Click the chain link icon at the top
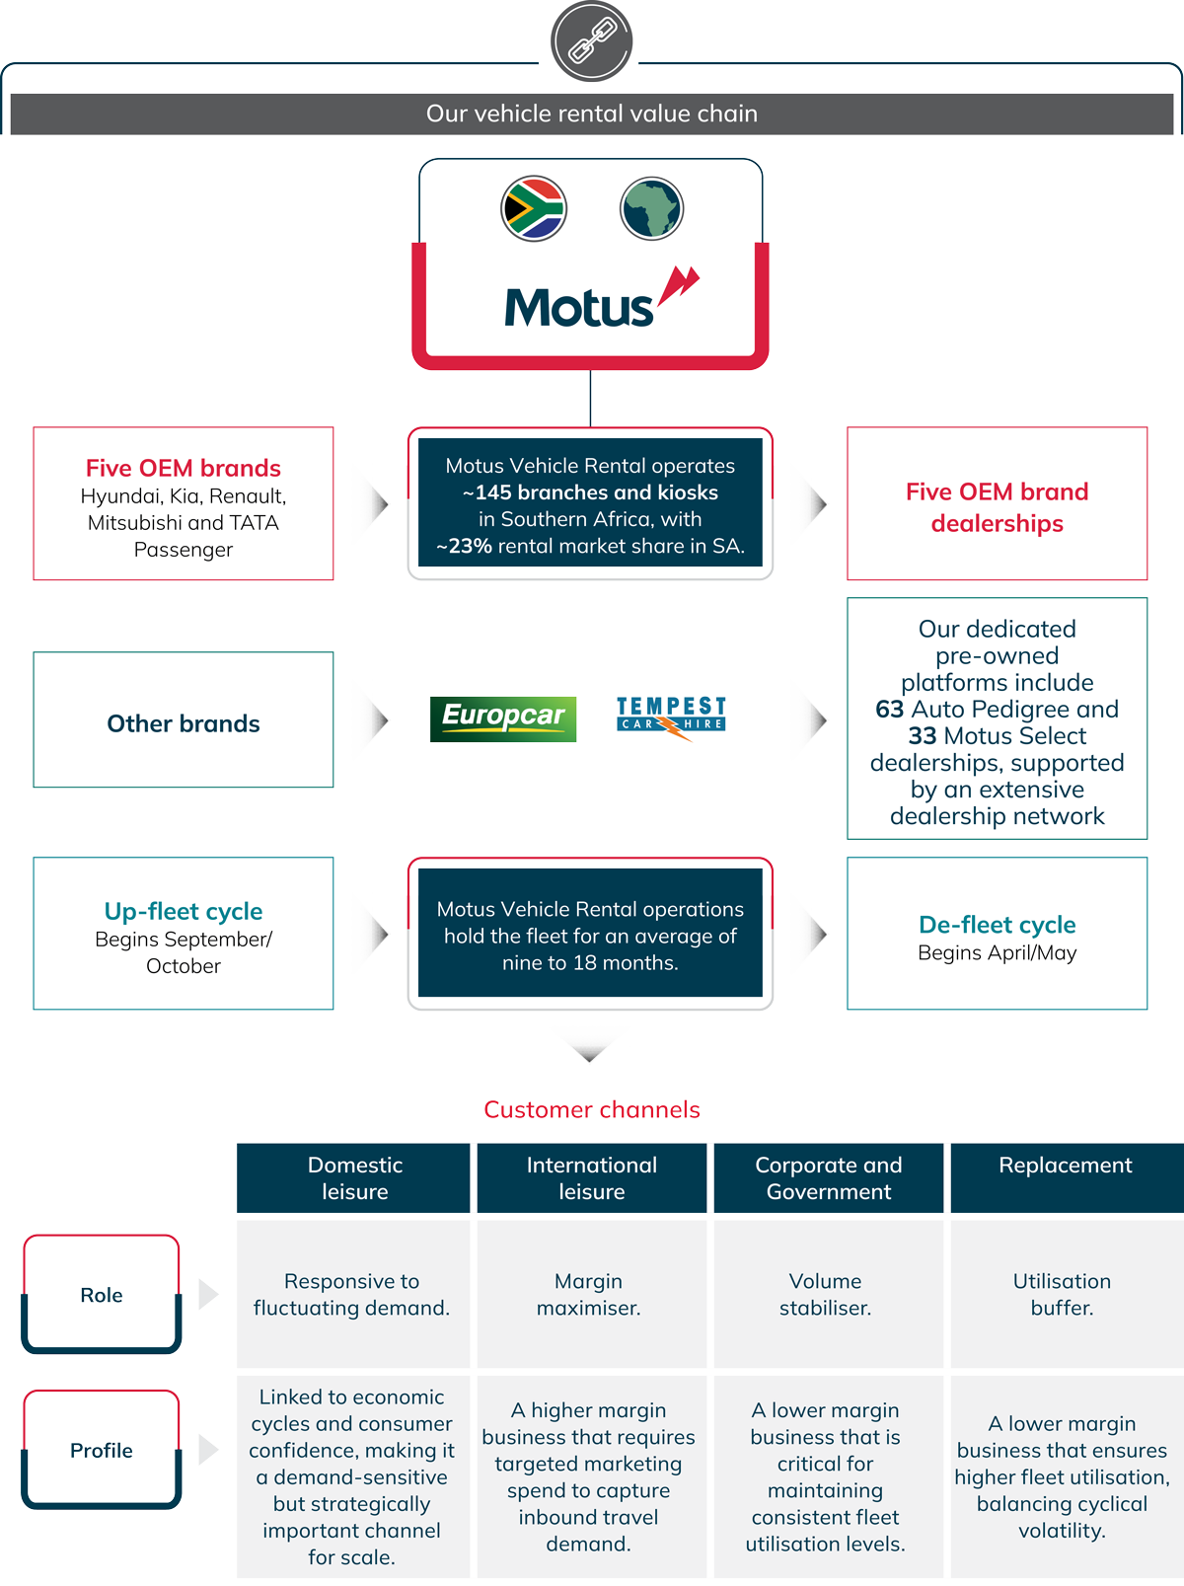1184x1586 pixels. (591, 41)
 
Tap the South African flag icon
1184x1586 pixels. (534, 208)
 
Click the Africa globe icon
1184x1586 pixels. (651, 208)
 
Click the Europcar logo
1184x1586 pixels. (503, 717)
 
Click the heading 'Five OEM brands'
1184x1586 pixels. (184, 468)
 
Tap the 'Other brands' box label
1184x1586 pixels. (184, 723)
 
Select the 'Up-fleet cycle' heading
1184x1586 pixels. (184, 911)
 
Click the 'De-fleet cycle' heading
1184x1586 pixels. (997, 925)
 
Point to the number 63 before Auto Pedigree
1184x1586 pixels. (889, 710)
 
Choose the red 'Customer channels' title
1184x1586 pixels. (591, 1109)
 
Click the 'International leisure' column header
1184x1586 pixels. (591, 1177)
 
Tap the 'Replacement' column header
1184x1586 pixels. (1065, 1166)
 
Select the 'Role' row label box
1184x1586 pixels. (102, 1295)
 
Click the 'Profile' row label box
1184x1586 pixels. (102, 1450)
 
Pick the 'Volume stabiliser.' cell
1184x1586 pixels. (826, 1294)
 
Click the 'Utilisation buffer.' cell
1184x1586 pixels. (1063, 1294)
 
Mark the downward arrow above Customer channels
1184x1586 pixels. (590, 1044)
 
